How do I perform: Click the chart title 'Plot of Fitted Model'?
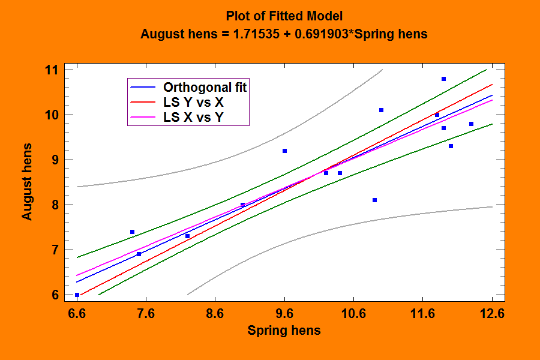(x=284, y=16)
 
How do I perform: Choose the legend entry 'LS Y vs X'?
(x=197, y=102)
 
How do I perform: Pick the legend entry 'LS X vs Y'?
(x=197, y=118)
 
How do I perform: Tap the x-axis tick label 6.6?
(x=77, y=313)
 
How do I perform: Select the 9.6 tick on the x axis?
(x=284, y=313)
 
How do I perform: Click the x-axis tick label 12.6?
(x=492, y=313)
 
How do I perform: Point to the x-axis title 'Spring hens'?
(x=284, y=331)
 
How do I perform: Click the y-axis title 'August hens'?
(x=28, y=181)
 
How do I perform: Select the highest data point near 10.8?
(x=443, y=79)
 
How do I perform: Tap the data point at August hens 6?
(x=77, y=295)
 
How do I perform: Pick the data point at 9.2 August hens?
(x=284, y=151)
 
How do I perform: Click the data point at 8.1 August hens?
(x=374, y=200)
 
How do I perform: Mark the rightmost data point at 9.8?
(x=471, y=124)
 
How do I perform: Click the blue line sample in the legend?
(x=143, y=87)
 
